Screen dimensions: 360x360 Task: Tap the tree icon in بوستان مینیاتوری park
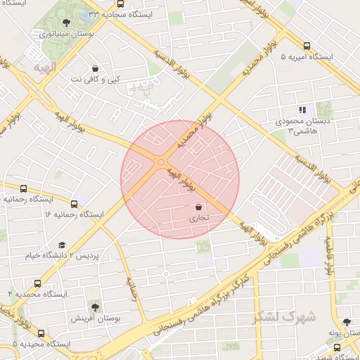click(x=66, y=22)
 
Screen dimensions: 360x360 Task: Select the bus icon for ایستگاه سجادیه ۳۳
click(x=86, y=14)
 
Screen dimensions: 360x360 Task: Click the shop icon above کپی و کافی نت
click(x=95, y=69)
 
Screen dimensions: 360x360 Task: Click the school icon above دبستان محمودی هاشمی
click(x=302, y=110)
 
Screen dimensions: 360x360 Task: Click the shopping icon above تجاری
click(x=198, y=207)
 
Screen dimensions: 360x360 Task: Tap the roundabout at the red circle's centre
click(x=161, y=162)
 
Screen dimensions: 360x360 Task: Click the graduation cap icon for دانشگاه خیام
click(x=62, y=245)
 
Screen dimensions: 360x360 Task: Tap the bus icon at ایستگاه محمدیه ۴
click(x=37, y=283)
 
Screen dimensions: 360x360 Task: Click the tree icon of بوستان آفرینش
click(x=95, y=307)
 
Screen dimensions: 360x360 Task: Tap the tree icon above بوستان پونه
click(x=347, y=321)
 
